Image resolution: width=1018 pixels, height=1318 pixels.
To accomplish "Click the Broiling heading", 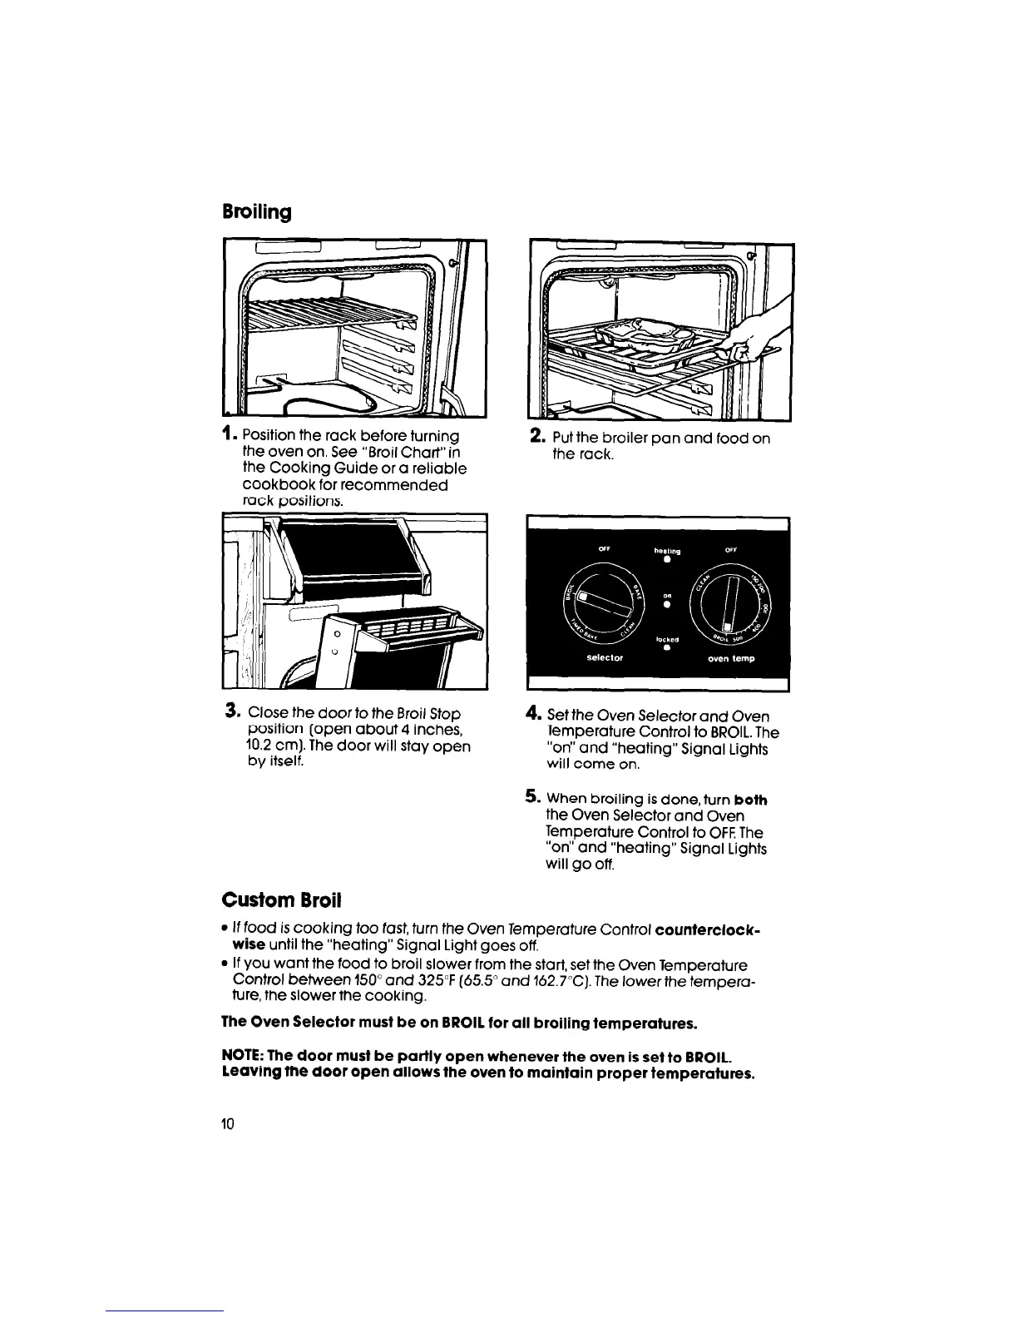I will click(257, 212).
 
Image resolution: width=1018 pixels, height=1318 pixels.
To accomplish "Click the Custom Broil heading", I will click(281, 900).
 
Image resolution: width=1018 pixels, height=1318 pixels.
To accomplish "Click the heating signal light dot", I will click(667, 559).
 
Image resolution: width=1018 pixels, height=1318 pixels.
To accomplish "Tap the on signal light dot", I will click(667, 605).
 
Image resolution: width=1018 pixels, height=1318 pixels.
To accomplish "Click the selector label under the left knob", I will click(605, 657).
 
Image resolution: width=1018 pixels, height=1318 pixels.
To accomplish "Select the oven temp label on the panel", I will click(732, 658).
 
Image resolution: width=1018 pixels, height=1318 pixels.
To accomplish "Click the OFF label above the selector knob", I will click(605, 548).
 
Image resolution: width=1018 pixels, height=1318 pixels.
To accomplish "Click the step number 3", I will click(232, 713).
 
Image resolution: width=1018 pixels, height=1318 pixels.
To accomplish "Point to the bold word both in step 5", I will click(751, 800).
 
